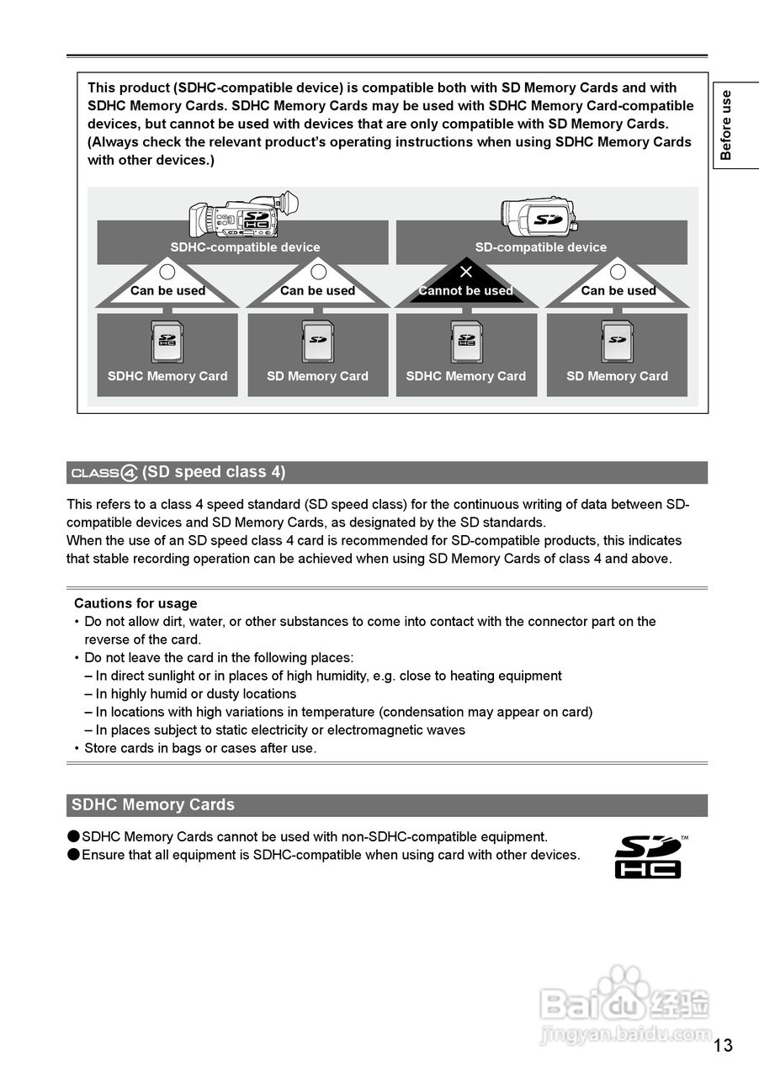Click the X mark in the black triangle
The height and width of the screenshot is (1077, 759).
pos(466,271)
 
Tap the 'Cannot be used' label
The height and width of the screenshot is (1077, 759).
pos(466,291)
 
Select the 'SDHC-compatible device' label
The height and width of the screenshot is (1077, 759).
pos(245,247)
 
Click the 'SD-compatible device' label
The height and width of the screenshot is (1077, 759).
pos(541,247)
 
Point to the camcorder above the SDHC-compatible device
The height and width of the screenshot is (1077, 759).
pos(243,215)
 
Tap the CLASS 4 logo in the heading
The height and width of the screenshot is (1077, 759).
pos(104,473)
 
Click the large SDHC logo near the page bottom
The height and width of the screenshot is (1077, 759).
pos(649,857)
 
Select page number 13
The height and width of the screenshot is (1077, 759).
pos(723,1045)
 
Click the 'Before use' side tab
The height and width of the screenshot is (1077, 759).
pos(725,125)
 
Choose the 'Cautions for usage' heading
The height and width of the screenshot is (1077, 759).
pos(135,603)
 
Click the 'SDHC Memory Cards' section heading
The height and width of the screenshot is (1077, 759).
pos(153,805)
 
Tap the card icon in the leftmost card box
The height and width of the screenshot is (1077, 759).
pos(167,342)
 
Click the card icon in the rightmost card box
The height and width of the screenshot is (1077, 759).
pos(617,342)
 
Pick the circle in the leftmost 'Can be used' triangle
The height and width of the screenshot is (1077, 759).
pos(167,272)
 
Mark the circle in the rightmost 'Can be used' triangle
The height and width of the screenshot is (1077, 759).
pos(618,272)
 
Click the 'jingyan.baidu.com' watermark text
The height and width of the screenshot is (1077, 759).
pos(625,1034)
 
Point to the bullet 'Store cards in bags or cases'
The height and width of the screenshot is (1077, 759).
pos(200,748)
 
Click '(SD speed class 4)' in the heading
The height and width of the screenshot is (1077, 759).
pos(214,472)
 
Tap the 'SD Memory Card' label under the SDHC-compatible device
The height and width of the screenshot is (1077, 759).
pos(317,376)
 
